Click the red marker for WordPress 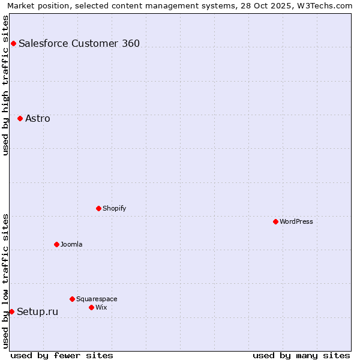pos(275,221)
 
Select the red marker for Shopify pos(98,208)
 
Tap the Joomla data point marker pos(56,244)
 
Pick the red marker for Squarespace pos(72,299)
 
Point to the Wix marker pos(91,307)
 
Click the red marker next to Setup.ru pos(11,311)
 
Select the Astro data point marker pos(20,118)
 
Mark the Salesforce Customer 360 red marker pos(13,43)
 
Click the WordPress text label pos(296,221)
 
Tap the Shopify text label pos(114,208)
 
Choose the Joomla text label pos(71,244)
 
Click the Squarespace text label pos(97,299)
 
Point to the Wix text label pos(101,307)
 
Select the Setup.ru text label pos(37,311)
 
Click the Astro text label pos(38,118)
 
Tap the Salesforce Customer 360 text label pos(79,43)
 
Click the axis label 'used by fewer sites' pos(62,355)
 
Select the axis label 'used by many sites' pos(301,355)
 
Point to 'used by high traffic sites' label pos(5,85)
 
